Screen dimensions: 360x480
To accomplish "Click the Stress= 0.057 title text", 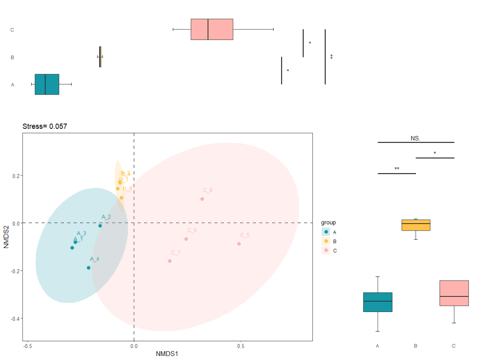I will click(x=45, y=127).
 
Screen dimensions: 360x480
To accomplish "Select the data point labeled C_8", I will click(x=202, y=199).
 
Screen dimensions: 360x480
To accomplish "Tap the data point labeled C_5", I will click(x=239, y=244).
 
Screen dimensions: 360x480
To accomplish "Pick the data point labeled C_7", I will click(x=170, y=261).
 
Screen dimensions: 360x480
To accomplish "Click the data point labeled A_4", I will click(x=88, y=268).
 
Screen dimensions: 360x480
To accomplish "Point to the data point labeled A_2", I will click(x=100, y=226).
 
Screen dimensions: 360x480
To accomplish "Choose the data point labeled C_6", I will click(x=186, y=239).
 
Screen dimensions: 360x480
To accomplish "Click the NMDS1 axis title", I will click(x=167, y=354).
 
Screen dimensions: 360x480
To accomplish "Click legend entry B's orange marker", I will click(x=327, y=241).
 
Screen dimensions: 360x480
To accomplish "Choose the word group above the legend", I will click(x=328, y=223).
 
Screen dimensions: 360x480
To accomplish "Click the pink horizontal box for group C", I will click(x=212, y=29).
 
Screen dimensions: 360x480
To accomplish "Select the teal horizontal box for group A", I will click(x=47, y=84).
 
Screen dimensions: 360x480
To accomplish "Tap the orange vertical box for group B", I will click(x=416, y=225).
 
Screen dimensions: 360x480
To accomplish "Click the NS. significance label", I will click(x=416, y=138).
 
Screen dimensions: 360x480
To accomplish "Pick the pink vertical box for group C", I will click(x=454, y=293).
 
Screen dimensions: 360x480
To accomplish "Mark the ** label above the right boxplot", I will click(x=396, y=169).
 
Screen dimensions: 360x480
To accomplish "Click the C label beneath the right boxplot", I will click(x=454, y=346).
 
